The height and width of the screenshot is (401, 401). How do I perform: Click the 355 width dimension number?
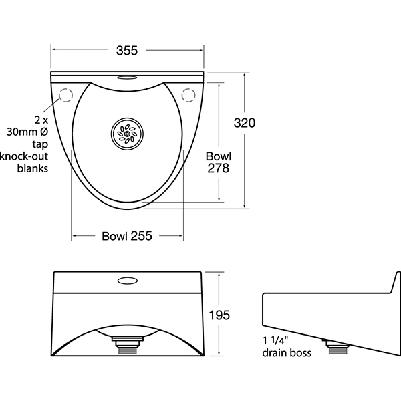point(127,50)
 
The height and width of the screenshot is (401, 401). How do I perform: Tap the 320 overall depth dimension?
point(245,123)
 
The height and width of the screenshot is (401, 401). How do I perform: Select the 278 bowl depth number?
point(218,168)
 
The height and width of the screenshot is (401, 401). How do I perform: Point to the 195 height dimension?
point(219,315)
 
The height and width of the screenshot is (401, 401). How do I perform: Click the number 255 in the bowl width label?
point(142,236)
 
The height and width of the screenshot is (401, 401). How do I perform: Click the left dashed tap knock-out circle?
point(66,95)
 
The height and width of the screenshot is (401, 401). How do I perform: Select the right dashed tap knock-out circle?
point(188,95)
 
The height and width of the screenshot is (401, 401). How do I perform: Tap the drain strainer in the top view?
point(128,134)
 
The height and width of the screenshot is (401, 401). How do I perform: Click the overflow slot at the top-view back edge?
point(128,78)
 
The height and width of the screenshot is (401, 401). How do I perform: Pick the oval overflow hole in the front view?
point(128,281)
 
